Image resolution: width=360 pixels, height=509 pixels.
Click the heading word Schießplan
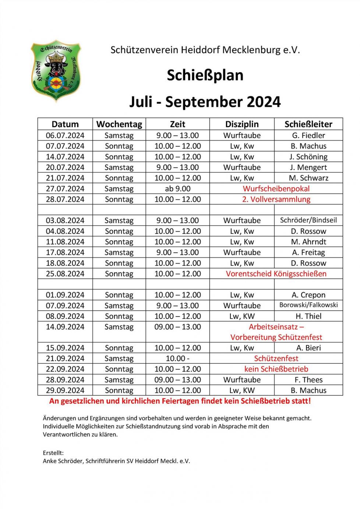[x=205, y=75]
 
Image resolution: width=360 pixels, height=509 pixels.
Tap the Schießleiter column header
[x=308, y=124]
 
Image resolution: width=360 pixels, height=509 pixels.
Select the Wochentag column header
[x=119, y=124]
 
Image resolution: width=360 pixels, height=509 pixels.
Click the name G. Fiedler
[x=308, y=135]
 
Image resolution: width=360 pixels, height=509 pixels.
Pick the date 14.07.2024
[x=65, y=157]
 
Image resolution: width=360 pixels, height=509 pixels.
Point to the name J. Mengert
[x=308, y=167]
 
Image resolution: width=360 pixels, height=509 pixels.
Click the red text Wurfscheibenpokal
[x=276, y=189]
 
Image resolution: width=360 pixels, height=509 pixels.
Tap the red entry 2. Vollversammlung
[x=276, y=199]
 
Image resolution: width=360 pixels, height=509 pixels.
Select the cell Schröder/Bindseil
[x=308, y=220]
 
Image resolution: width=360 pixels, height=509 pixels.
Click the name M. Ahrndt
[x=308, y=242]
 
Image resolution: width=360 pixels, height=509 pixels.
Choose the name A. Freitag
[x=308, y=252]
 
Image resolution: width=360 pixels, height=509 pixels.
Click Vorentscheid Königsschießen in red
[x=276, y=274]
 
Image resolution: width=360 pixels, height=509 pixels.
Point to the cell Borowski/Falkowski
[x=308, y=305]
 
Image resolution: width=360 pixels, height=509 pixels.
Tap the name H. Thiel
[x=308, y=316]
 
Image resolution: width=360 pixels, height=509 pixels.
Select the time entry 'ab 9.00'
[x=178, y=189]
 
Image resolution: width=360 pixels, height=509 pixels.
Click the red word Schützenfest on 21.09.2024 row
[x=276, y=359]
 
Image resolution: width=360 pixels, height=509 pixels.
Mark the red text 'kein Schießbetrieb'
[x=276, y=369]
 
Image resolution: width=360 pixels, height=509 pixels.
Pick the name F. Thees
[x=308, y=380]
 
